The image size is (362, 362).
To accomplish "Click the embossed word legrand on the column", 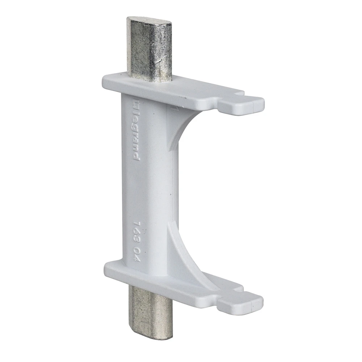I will pos(136,134).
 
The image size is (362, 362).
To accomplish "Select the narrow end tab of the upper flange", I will pos(250,104).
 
